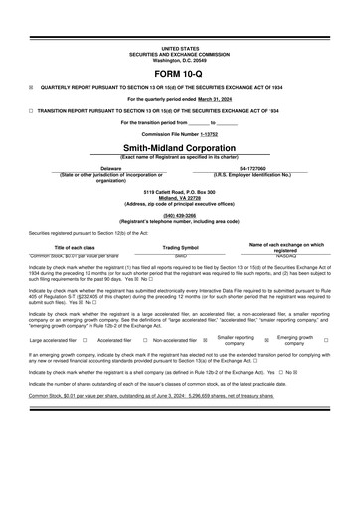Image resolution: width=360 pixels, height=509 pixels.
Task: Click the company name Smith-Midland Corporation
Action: coord(180,147)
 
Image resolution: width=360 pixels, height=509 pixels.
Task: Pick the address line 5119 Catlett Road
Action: coord(180,190)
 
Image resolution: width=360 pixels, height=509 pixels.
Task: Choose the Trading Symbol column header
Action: coord(180,247)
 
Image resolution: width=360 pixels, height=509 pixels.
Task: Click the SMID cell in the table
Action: coord(180,255)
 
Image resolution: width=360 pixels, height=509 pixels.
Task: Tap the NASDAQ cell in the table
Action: coord(285,255)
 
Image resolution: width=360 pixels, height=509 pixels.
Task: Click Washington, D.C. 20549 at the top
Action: coord(180,59)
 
